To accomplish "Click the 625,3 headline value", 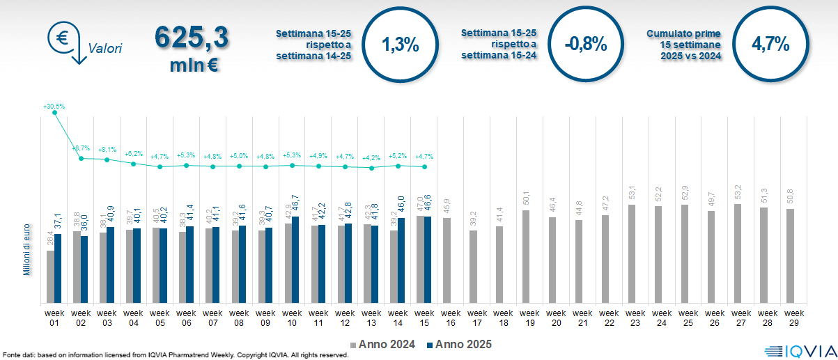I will [191, 38].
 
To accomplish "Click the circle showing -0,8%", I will [585, 45].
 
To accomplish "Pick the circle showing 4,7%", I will [770, 45].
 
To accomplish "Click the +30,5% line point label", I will [54, 107].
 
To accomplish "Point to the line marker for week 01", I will [55, 113].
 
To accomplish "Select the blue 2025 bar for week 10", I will [295, 260].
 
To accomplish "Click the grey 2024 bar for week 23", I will [632, 254].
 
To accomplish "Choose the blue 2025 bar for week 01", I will [58, 268].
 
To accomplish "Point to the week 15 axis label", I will [424, 318].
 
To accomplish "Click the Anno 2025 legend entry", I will [460, 345].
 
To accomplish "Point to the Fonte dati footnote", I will [174, 355].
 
